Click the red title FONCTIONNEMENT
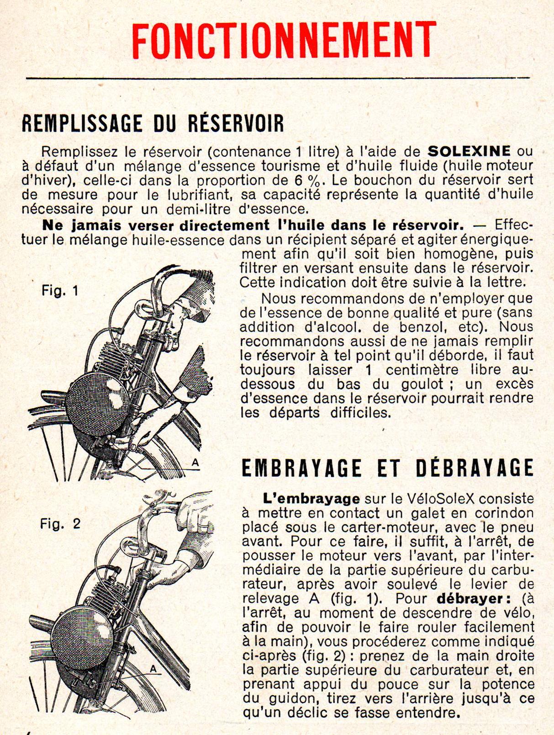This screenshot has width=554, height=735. [x=284, y=39]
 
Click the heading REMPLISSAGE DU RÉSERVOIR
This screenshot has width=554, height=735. [x=153, y=123]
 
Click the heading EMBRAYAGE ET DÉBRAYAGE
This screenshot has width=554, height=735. [x=387, y=468]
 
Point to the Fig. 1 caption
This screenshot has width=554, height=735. [x=60, y=290]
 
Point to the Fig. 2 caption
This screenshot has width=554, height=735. [x=60, y=523]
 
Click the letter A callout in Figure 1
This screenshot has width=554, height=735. [x=195, y=463]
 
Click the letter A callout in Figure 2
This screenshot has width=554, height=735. [x=153, y=669]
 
